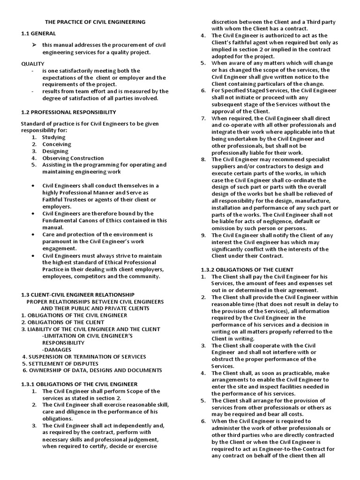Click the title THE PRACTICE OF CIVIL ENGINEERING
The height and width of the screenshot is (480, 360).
(x=95, y=22)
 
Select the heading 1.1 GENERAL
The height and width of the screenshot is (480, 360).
(x=38, y=33)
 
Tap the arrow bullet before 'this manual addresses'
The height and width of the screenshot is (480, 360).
(x=34, y=45)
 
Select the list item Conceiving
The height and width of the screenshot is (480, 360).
(x=56, y=144)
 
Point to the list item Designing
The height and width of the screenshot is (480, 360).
(x=55, y=151)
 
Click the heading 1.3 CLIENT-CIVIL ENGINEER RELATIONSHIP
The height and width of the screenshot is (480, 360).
(x=78, y=295)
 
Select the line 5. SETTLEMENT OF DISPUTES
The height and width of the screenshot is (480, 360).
(x=60, y=363)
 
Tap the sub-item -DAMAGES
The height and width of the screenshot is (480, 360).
(x=56, y=350)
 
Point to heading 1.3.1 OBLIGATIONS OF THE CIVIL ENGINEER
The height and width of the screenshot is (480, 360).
(x=79, y=384)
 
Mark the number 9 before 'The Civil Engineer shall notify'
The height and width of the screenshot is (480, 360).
(x=203, y=235)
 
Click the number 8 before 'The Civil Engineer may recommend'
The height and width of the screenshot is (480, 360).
(x=203, y=159)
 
